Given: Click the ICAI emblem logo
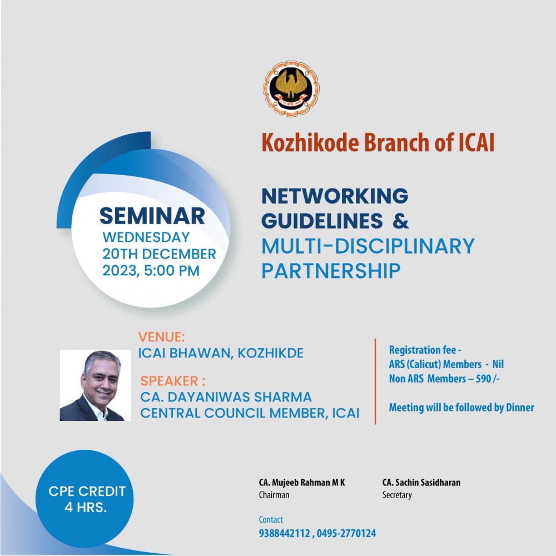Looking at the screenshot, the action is coord(291,88).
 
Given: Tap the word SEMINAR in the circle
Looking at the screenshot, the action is coord(152,216).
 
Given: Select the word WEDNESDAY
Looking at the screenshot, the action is coord(146,237).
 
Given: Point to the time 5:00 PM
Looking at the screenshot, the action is coord(172,271).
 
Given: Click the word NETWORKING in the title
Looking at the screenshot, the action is coord(335,196).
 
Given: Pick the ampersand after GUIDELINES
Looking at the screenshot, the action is coord(401,221).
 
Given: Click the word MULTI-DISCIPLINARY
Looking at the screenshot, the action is coord(368,246).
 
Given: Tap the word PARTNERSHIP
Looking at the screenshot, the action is coord(331,271).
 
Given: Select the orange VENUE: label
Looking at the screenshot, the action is coord(161,337).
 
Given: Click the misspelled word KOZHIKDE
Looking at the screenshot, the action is coord(271,353).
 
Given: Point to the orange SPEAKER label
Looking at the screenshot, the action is coord(173,381).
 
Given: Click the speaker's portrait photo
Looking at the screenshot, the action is coord(95,385).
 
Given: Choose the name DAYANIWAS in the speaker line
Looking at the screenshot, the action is coord(208,397).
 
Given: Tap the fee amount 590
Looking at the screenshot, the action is coord(483,379).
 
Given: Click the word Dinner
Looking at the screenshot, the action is coord(520,408).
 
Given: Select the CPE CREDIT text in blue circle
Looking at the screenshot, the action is coord(87,491).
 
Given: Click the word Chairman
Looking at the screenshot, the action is coord(274,495).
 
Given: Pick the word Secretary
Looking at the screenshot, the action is coord(397,495).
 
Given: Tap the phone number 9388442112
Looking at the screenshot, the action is coord(284,533).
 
